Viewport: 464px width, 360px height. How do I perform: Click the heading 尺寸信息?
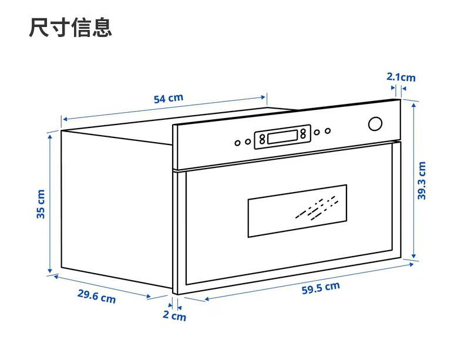70,28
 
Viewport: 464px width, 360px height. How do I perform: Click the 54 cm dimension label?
168,98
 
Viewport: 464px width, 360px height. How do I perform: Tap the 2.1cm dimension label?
401,77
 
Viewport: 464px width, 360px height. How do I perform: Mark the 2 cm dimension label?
174,317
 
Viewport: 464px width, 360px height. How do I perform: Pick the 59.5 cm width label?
321,288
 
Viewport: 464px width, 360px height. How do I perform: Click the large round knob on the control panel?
375,124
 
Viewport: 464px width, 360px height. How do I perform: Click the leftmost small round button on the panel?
237,142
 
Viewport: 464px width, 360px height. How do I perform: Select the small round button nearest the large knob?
328,131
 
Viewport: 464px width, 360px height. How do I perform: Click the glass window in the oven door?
297,211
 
